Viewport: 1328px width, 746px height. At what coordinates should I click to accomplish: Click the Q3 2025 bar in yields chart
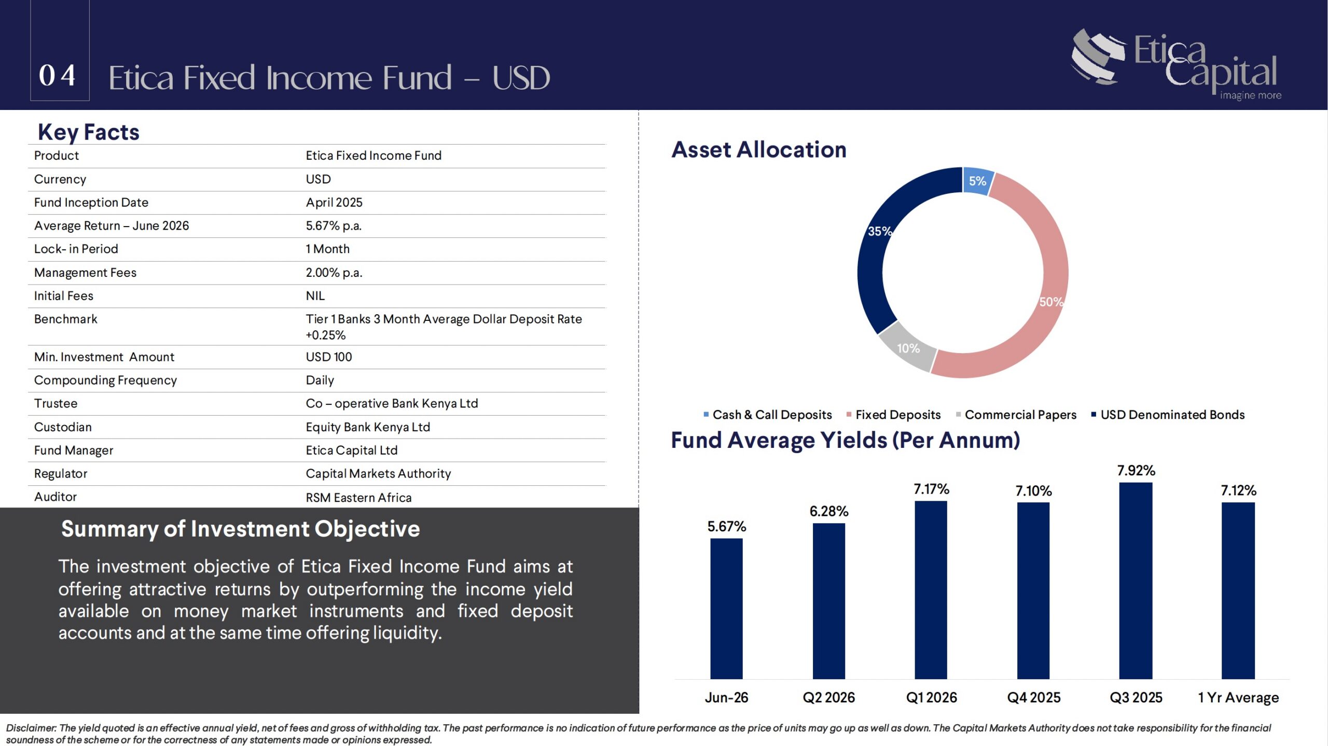[1136, 581]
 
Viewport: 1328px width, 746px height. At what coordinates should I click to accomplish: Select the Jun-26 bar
[726, 609]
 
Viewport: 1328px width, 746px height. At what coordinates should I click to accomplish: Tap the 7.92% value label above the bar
[1136, 471]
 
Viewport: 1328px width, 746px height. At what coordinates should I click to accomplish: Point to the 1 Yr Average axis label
[1238, 698]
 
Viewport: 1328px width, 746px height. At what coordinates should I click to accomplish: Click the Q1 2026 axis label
[931, 698]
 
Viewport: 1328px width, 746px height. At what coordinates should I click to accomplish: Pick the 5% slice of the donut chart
[978, 181]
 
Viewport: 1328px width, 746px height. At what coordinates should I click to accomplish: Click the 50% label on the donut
[1051, 302]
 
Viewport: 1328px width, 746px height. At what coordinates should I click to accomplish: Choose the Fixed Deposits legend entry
[893, 415]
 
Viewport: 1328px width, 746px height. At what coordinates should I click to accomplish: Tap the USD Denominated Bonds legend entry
[1168, 415]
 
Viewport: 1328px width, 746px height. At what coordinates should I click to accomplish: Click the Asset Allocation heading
[759, 150]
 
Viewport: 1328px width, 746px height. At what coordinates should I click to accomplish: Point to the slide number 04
[58, 76]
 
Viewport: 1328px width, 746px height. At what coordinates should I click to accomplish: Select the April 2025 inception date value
[334, 203]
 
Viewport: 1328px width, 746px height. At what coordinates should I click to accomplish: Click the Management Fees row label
[85, 273]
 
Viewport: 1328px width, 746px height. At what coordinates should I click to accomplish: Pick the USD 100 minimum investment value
[329, 357]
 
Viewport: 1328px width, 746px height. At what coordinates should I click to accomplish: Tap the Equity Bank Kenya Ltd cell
[368, 427]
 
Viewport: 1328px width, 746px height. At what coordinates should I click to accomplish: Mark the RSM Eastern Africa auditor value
[358, 498]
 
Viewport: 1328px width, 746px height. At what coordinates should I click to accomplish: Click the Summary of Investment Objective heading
[241, 529]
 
